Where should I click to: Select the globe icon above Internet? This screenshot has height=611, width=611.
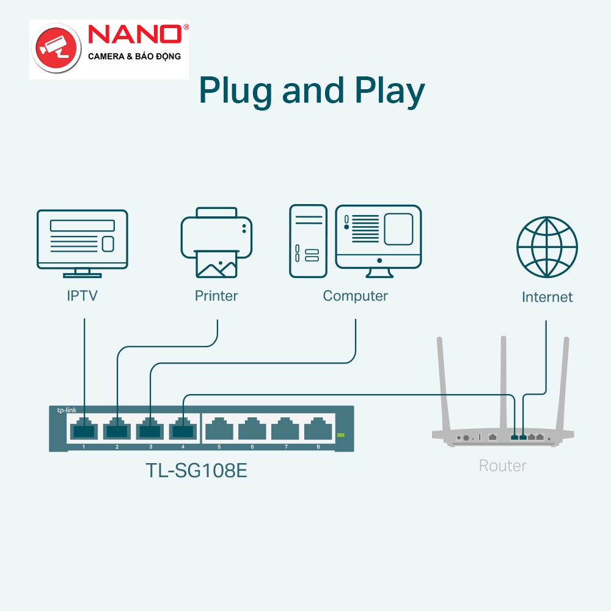pyautogui.click(x=547, y=247)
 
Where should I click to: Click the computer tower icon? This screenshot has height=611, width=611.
pyautogui.click(x=308, y=241)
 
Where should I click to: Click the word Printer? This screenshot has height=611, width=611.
pyautogui.click(x=216, y=296)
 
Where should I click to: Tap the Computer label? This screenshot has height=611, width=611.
pyautogui.click(x=355, y=296)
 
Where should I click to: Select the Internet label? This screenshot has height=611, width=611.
pyautogui.click(x=547, y=298)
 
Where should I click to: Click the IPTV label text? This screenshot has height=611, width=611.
pyautogui.click(x=82, y=296)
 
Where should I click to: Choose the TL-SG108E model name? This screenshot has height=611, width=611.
pyautogui.click(x=196, y=471)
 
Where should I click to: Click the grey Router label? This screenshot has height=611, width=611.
pyautogui.click(x=502, y=466)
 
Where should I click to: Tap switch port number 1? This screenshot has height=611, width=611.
pyautogui.click(x=84, y=430)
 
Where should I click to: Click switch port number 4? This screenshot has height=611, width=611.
pyautogui.click(x=183, y=430)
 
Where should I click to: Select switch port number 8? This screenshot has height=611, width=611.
pyautogui.click(x=318, y=430)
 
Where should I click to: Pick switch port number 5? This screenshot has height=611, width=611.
pyautogui.click(x=219, y=430)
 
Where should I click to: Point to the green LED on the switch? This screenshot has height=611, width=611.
pyautogui.click(x=341, y=435)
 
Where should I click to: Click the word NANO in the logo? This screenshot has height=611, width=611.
pyautogui.click(x=135, y=34)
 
